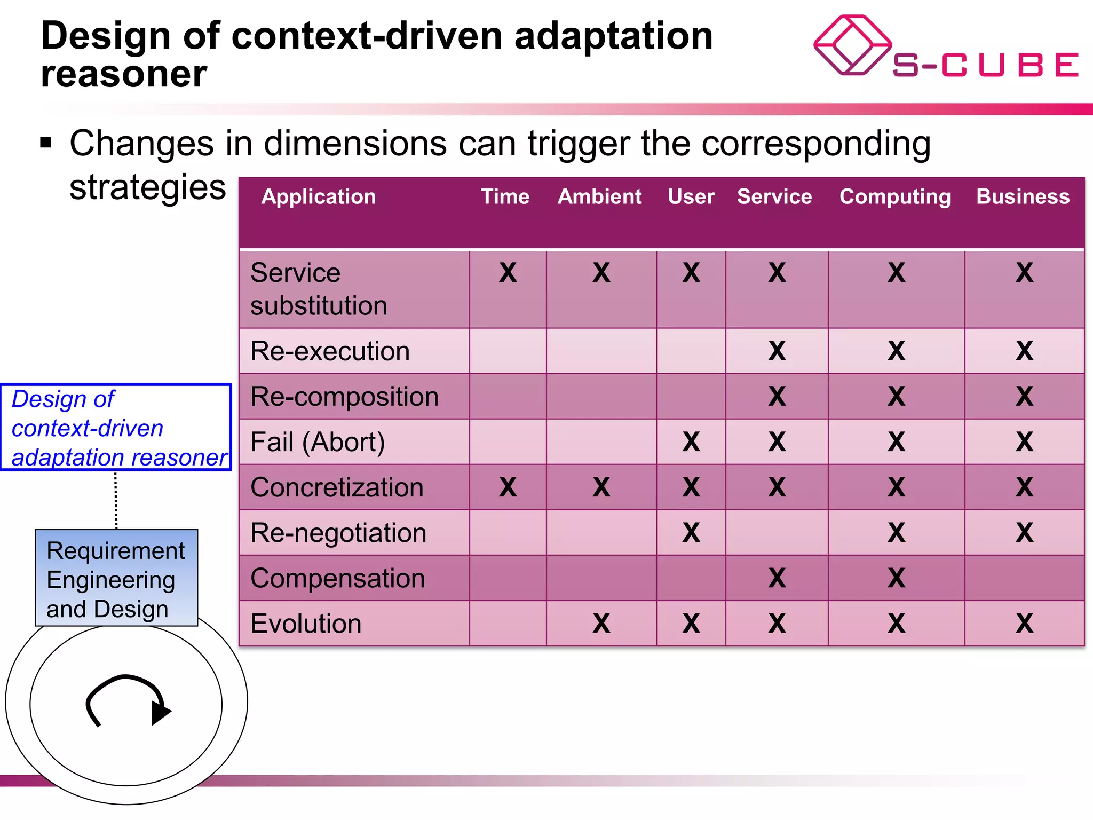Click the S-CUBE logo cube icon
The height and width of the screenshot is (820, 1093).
pyautogui.click(x=852, y=45)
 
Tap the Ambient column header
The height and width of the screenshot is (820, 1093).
pyautogui.click(x=599, y=196)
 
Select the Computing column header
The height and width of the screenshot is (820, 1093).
pyautogui.click(x=895, y=196)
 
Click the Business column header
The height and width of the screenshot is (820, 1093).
pyautogui.click(x=1023, y=196)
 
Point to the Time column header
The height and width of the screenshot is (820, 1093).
pyautogui.click(x=505, y=196)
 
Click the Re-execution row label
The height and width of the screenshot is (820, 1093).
pyautogui.click(x=330, y=351)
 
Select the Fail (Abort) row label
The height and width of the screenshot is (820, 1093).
pyautogui.click(x=318, y=442)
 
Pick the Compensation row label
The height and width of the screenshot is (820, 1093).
pyautogui.click(x=337, y=578)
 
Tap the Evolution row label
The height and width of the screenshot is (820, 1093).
pyautogui.click(x=306, y=624)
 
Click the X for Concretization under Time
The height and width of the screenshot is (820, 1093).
pyautogui.click(x=508, y=487)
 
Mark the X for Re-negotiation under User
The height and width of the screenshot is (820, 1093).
pyautogui.click(x=691, y=532)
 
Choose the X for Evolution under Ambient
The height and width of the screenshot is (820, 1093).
pyautogui.click(x=601, y=623)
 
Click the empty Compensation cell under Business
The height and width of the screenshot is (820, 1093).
pyautogui.click(x=1024, y=578)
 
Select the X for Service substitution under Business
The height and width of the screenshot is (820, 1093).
pyautogui.click(x=1024, y=272)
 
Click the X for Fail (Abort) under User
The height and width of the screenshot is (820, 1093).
pyautogui.click(x=691, y=441)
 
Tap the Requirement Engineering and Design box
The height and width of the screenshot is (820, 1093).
pyautogui.click(x=116, y=579)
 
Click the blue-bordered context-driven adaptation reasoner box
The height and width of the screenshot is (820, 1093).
pyautogui.click(x=116, y=427)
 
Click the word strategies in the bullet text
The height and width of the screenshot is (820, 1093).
pyautogui.click(x=147, y=187)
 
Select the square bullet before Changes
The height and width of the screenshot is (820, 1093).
pyautogui.click(x=46, y=143)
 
